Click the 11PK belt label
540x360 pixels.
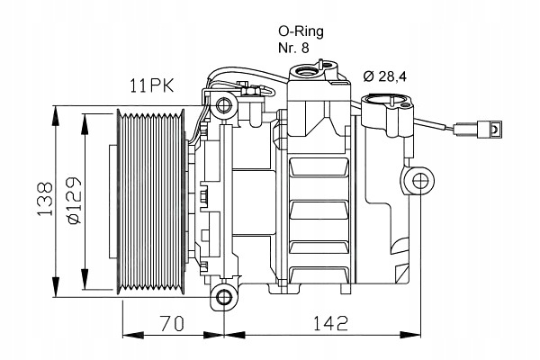[x=152, y=85]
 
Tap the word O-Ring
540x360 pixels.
[x=301, y=31]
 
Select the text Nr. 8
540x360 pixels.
[x=293, y=48]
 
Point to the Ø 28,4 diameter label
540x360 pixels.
[x=384, y=76]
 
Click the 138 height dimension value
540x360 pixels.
[x=46, y=199]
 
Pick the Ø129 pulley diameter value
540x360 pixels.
[x=74, y=201]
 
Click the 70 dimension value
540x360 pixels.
[x=173, y=323]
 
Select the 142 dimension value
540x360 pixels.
[x=330, y=323]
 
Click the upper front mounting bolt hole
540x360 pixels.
[x=224, y=103]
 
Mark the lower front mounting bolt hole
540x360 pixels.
[x=224, y=297]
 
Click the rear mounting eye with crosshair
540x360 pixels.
[x=419, y=181]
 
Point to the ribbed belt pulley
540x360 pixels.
[x=150, y=202]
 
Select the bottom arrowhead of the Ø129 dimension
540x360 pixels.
[x=85, y=279]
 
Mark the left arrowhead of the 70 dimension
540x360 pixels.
[x=133, y=335]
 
